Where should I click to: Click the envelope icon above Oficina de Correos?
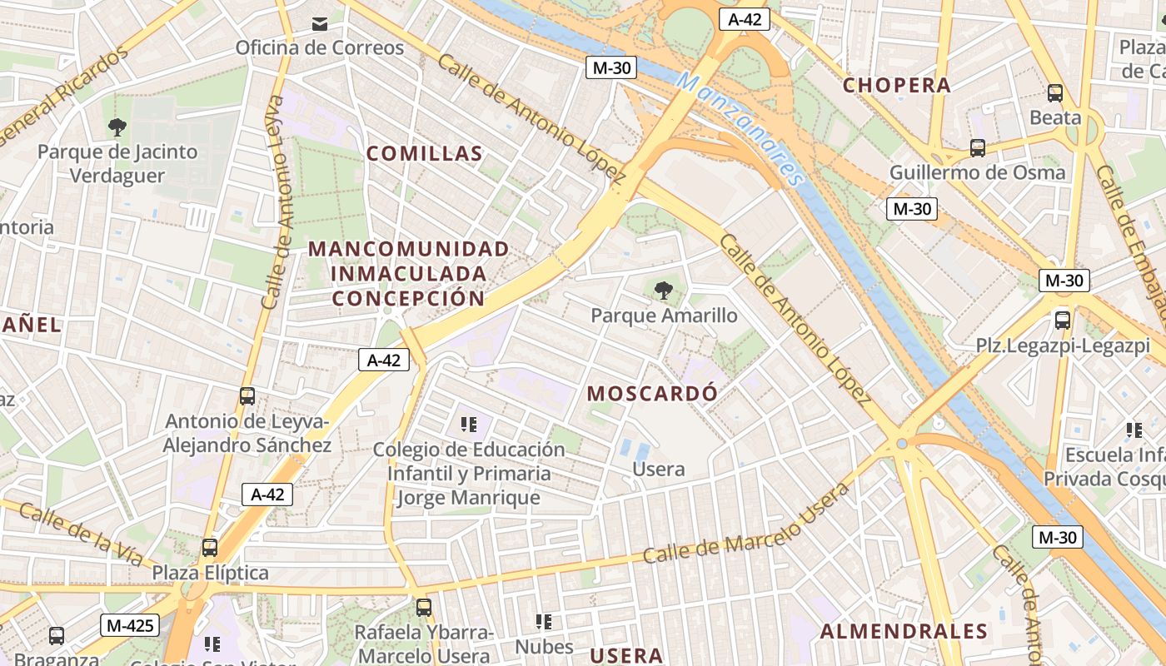320,24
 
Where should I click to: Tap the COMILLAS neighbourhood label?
425,153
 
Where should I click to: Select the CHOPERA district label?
896,85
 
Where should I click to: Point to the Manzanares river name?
741,129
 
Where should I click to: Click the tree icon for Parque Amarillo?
664,291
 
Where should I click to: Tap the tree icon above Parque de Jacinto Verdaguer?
117,127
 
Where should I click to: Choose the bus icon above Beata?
1055,93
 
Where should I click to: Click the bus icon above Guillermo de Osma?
978,148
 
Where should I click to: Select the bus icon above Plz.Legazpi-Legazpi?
1063,321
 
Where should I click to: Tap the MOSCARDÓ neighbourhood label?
652,393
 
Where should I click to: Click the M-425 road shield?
130,624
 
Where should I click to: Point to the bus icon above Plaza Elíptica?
210,548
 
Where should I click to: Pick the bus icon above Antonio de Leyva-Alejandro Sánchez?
247,396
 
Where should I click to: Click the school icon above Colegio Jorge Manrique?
469,425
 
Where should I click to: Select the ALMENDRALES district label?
904,632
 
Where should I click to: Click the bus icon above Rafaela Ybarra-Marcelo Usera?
424,608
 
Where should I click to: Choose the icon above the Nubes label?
544,622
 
